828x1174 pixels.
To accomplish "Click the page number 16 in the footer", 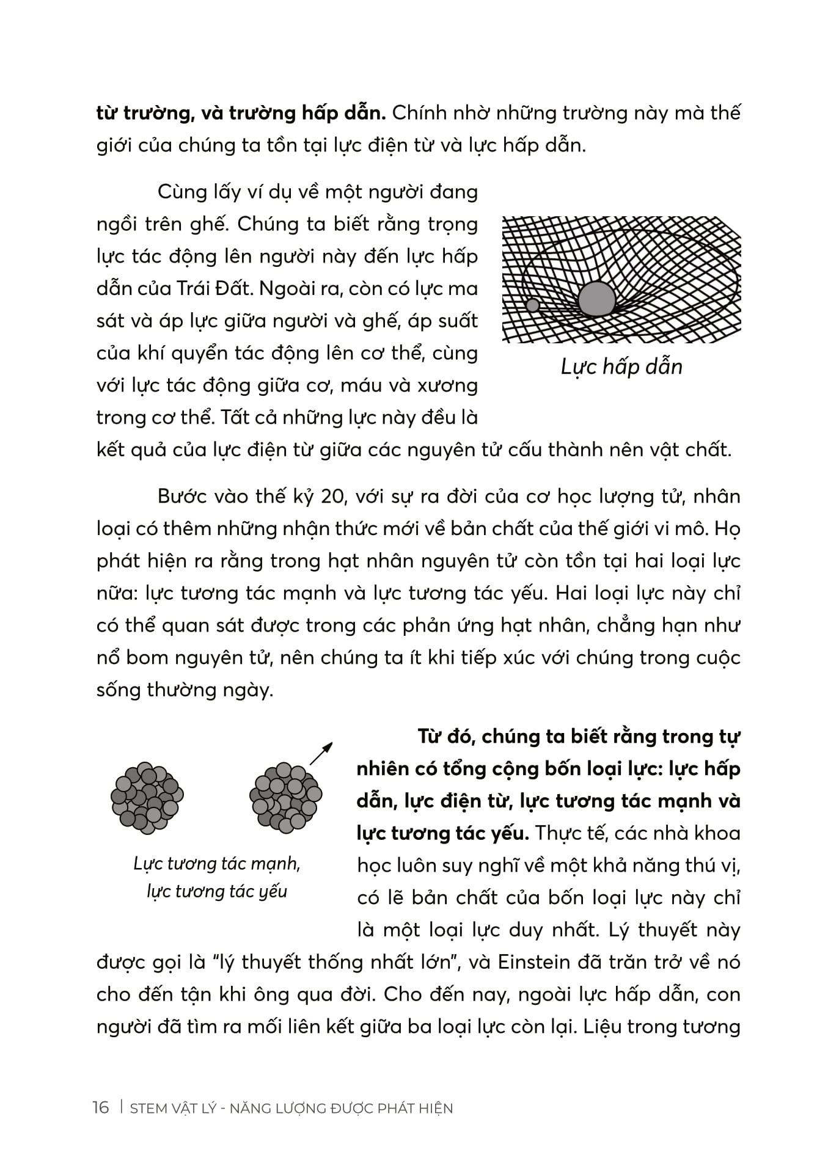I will click(x=101, y=1107).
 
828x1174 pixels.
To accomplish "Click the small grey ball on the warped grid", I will click(x=532, y=305).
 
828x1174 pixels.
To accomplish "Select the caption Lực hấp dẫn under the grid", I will click(x=621, y=366).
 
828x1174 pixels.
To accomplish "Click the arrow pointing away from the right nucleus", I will click(x=321, y=753).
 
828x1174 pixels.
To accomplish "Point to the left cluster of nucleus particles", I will click(x=147, y=798).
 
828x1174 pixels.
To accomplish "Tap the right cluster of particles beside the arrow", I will click(x=285, y=798).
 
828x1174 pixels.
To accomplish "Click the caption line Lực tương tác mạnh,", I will click(x=217, y=864).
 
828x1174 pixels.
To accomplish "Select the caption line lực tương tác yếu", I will click(x=217, y=892).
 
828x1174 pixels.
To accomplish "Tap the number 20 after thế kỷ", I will click(x=334, y=496).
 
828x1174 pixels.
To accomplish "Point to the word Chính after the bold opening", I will click(x=421, y=113).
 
